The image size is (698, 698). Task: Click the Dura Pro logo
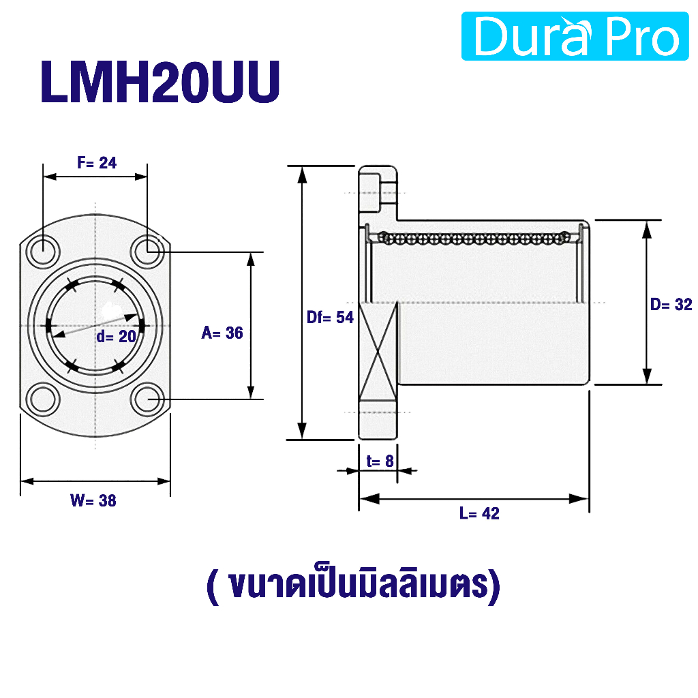[575, 36]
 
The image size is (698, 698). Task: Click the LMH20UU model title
[160, 82]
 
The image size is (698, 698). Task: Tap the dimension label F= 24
[97, 162]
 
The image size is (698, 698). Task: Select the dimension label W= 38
[93, 500]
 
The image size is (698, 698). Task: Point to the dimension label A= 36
[222, 333]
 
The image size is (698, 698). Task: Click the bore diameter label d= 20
[116, 336]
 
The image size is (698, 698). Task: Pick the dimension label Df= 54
[330, 317]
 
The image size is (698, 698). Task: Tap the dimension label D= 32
[671, 305]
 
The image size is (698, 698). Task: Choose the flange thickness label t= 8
[380, 461]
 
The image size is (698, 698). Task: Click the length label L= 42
[479, 513]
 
